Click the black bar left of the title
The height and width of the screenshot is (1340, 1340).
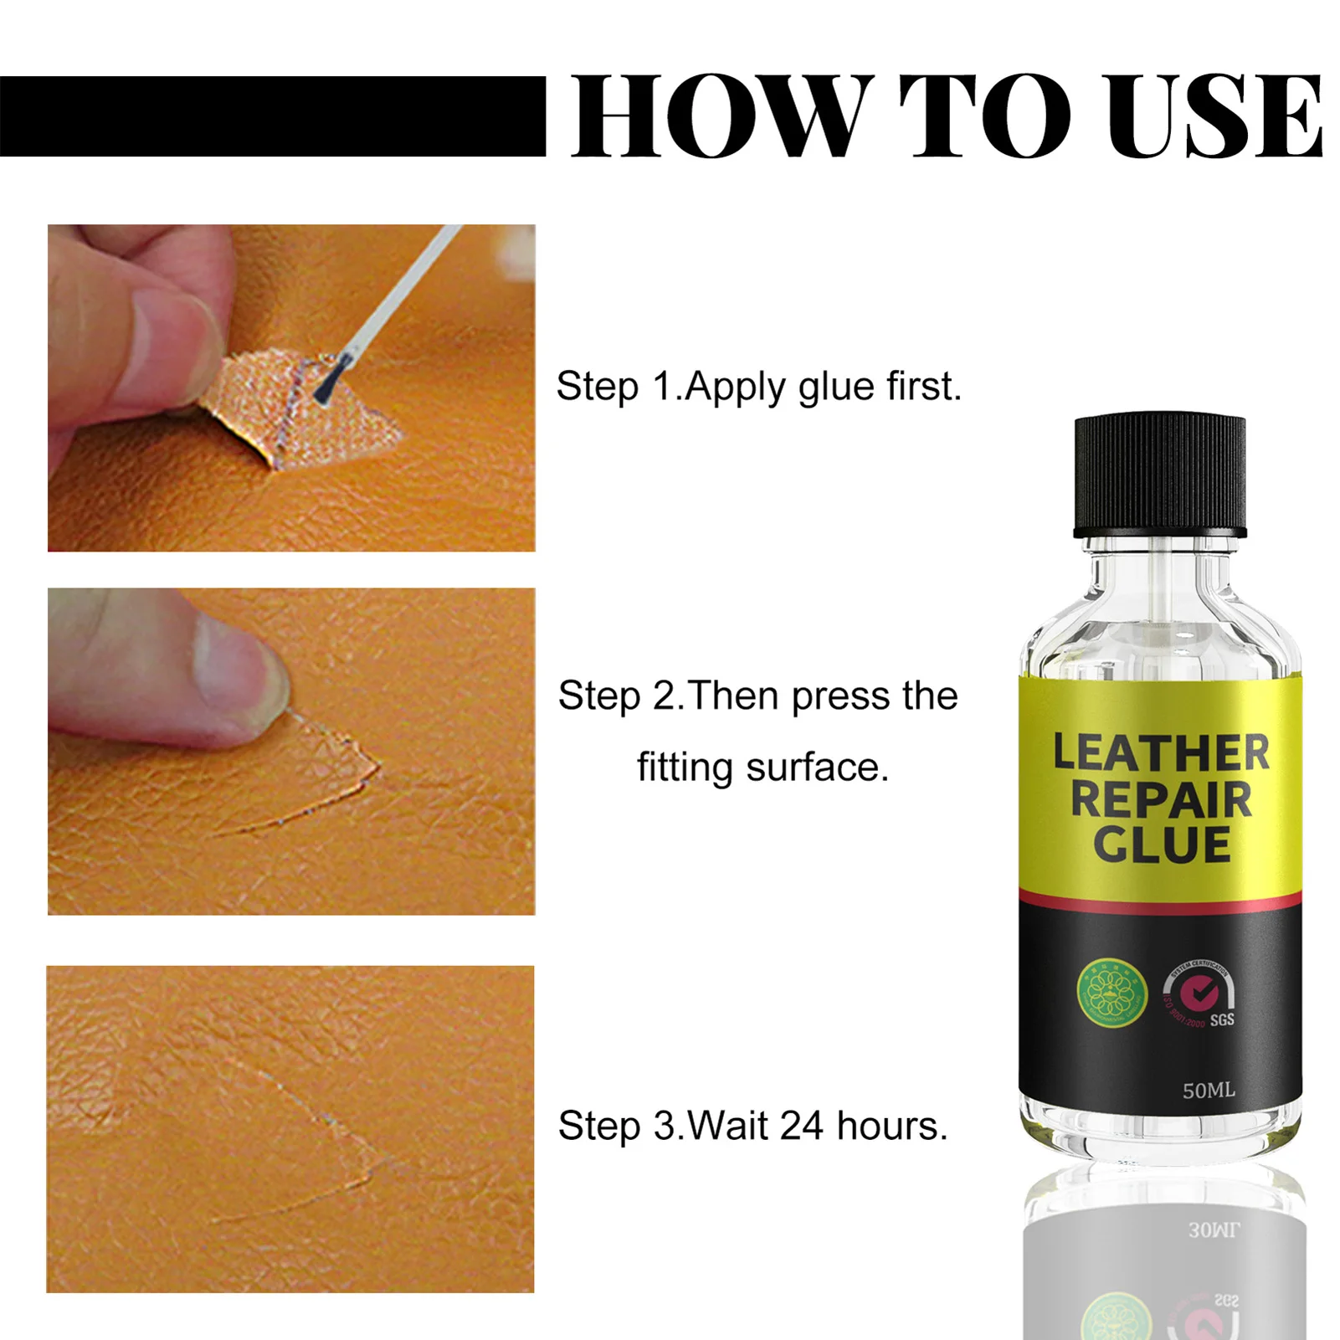click(x=272, y=116)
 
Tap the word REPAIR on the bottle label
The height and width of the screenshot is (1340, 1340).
click(x=1161, y=798)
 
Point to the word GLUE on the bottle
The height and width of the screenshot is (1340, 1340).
click(x=1161, y=844)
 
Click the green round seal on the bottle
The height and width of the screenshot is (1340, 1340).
click(x=1111, y=991)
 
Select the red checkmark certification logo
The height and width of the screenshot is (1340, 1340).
click(x=1199, y=993)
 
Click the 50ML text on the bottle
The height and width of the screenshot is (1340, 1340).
click(x=1208, y=1091)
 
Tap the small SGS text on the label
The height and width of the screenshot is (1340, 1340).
click(x=1222, y=1019)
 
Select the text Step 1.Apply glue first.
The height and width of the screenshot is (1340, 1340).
click(x=758, y=387)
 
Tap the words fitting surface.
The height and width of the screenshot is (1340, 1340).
click(x=762, y=768)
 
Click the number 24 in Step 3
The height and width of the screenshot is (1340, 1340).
click(x=801, y=1126)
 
